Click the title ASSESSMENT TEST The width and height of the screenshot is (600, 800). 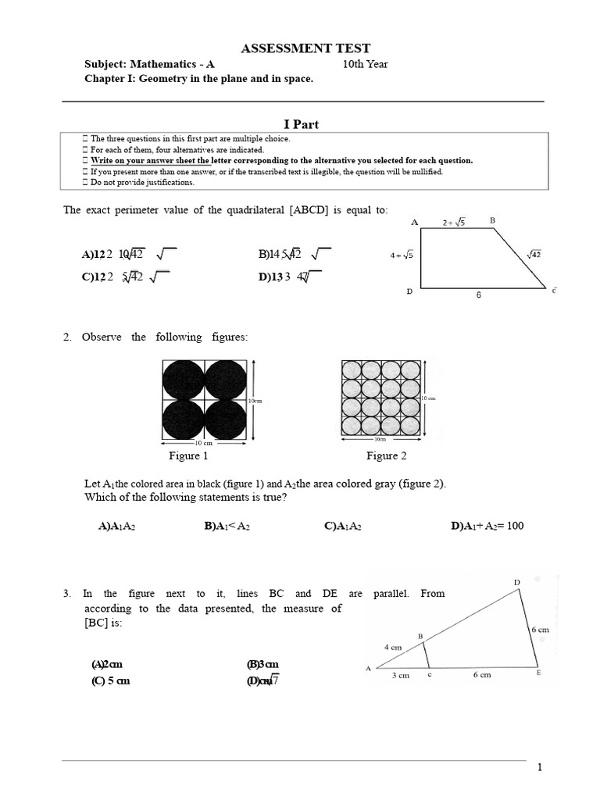305,48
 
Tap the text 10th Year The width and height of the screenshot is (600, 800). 365,64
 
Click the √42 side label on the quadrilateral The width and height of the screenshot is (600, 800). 534,253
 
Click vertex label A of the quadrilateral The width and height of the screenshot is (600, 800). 414,223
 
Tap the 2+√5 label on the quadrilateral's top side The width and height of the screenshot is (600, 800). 454,223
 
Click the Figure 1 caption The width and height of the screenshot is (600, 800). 188,455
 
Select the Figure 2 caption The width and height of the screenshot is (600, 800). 387,455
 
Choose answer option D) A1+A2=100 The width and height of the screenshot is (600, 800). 487,526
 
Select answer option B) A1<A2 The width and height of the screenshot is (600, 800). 227,526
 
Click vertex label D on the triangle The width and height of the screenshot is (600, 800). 516,582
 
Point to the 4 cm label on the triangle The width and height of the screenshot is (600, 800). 392,647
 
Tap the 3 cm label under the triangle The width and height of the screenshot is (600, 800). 400,676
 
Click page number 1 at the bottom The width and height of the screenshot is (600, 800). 539,768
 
